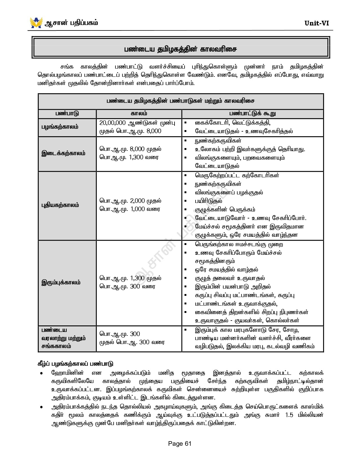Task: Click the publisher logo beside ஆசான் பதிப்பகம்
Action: click(x=36, y=23)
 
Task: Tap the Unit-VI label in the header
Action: click(x=316, y=23)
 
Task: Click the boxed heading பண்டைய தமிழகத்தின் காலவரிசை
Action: click(x=180, y=49)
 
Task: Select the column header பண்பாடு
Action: click(x=67, y=114)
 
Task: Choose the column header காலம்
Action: click(x=139, y=114)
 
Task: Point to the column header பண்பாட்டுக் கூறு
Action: click(x=252, y=114)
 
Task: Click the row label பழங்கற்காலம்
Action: click(x=60, y=127)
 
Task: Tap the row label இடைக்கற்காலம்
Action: click(x=63, y=154)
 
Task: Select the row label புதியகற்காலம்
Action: click(x=60, y=205)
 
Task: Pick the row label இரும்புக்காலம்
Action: click(x=61, y=282)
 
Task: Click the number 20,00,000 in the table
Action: click(x=112, y=123)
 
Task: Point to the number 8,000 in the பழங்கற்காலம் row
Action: click(x=154, y=131)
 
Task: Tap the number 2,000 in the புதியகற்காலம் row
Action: click(x=137, y=201)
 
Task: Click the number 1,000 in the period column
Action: click(x=137, y=209)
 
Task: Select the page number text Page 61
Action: click(x=180, y=444)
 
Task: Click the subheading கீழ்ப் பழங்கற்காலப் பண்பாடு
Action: click(x=75, y=364)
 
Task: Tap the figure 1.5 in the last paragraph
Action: click(x=289, y=415)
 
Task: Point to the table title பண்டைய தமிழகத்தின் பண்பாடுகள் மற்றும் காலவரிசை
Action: click(x=180, y=101)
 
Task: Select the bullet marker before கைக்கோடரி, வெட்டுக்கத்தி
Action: click(x=185, y=123)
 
